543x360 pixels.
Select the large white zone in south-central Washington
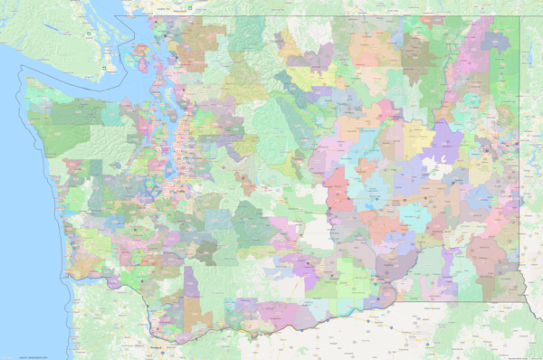point(317,233)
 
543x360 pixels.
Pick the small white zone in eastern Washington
point(440,168)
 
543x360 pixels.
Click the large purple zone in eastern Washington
point(445,143)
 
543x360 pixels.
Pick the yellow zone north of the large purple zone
point(418,134)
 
